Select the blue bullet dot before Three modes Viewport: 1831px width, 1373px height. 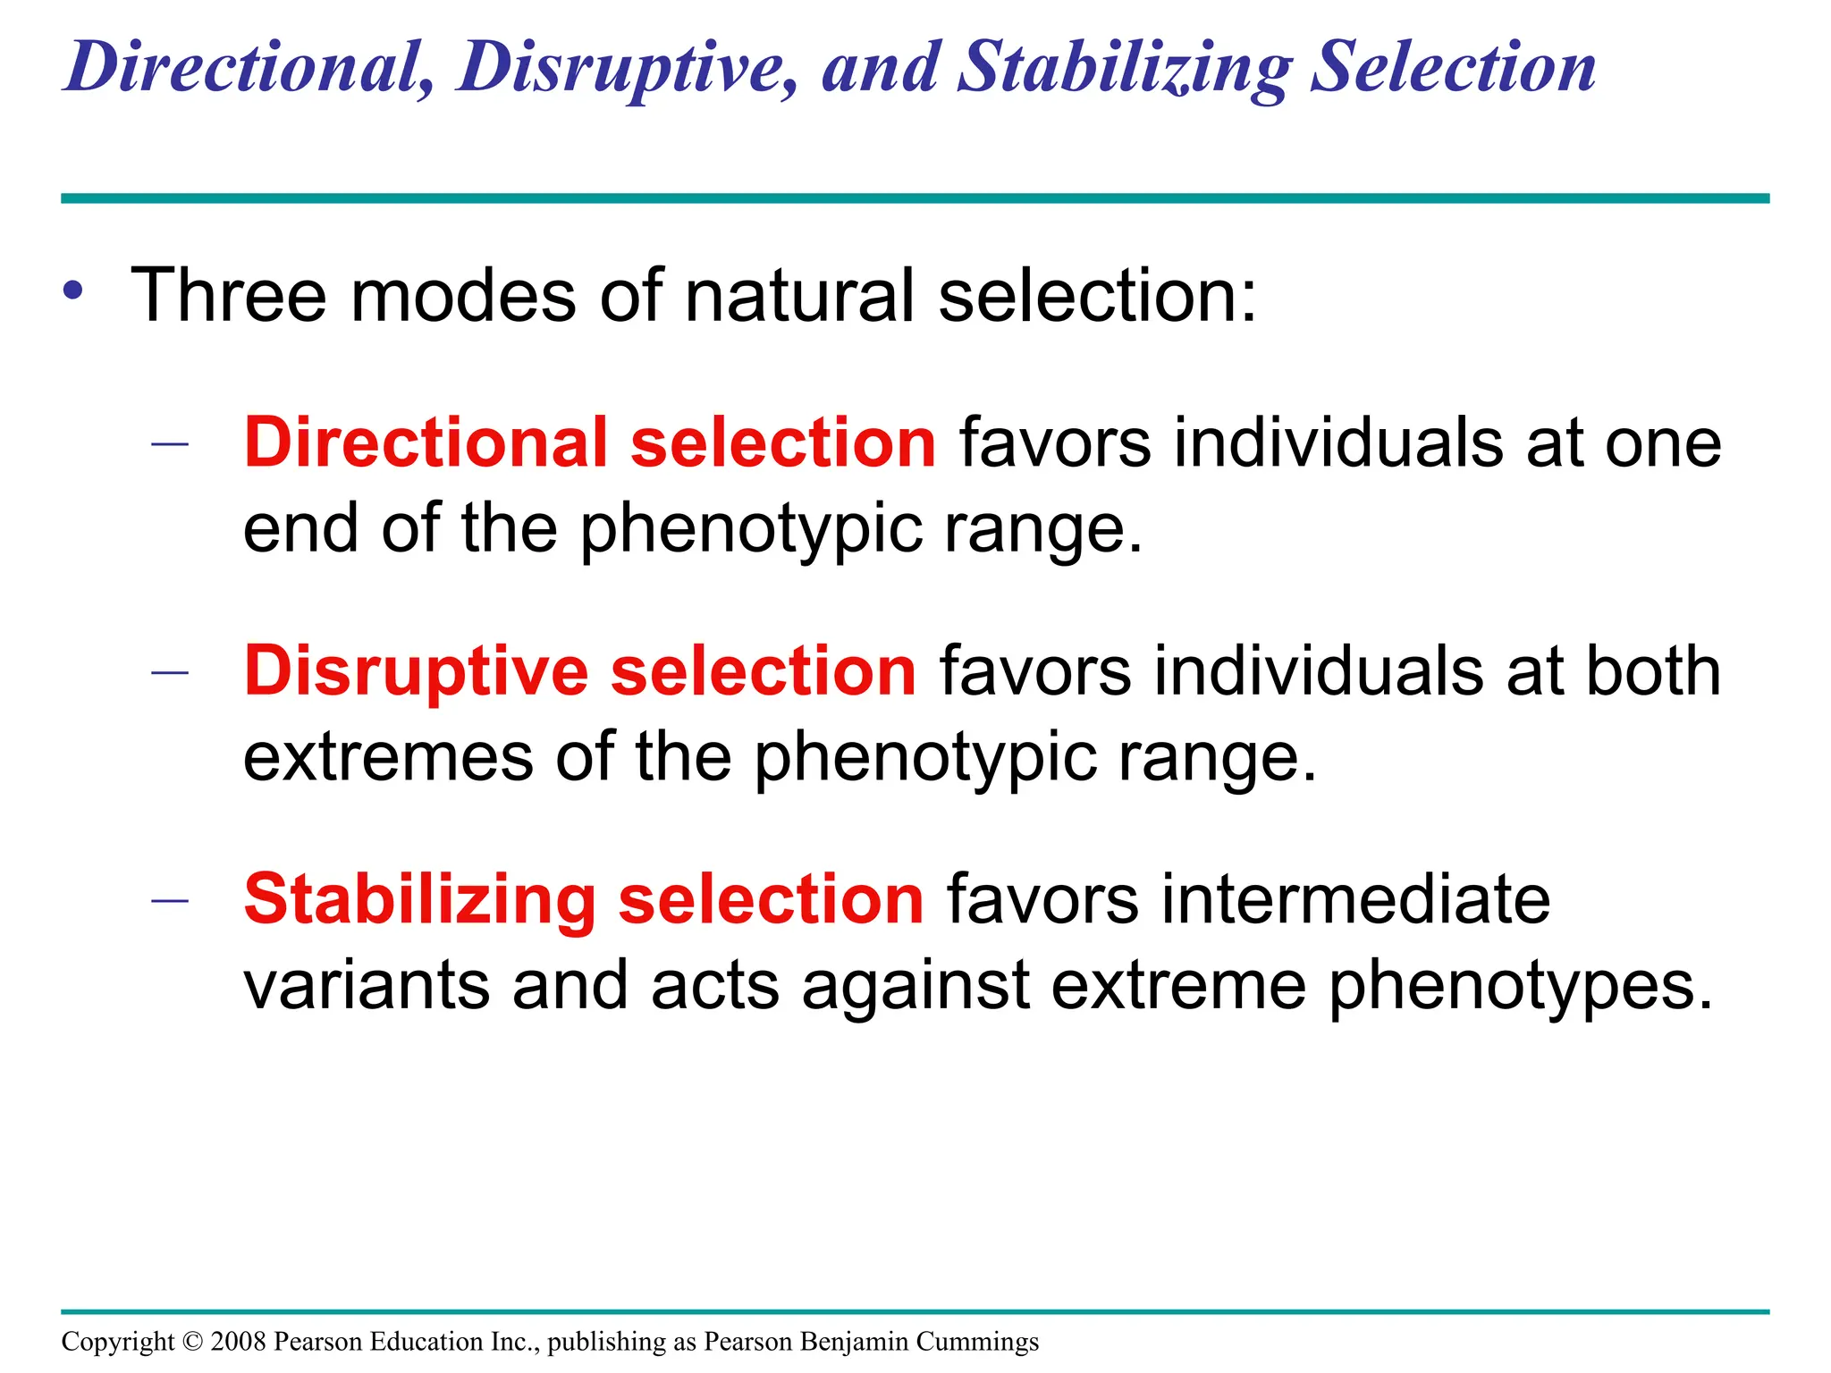coord(74,291)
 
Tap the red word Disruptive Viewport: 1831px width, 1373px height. coord(417,671)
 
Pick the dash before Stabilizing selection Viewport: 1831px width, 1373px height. coord(170,900)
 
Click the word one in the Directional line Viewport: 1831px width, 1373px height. coord(1663,444)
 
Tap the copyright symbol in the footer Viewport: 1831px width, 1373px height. coord(192,1342)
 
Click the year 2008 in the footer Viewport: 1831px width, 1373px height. coord(239,1342)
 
